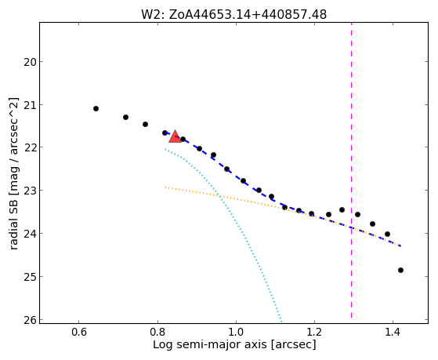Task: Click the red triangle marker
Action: coord(176,136)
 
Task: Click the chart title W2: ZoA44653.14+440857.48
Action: coord(233,15)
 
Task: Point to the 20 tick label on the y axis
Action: coord(31,62)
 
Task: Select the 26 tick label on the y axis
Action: coord(31,320)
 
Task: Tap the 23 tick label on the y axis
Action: coord(31,191)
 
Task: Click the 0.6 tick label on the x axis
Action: coord(79,332)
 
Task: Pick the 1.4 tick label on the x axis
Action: coord(393,332)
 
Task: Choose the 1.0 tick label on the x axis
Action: coord(236,332)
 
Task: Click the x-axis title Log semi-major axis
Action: coord(210,344)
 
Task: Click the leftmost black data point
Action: coord(96,108)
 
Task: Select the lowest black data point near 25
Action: coord(400,271)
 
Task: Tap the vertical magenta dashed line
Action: coord(351,170)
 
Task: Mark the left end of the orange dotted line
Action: coord(165,187)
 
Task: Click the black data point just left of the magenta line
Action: coord(342,209)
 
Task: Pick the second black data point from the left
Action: coord(125,117)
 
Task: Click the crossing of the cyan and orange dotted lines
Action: coord(219,196)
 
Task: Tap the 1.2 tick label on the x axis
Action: coord(314,332)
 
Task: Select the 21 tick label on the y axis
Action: coord(31,105)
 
